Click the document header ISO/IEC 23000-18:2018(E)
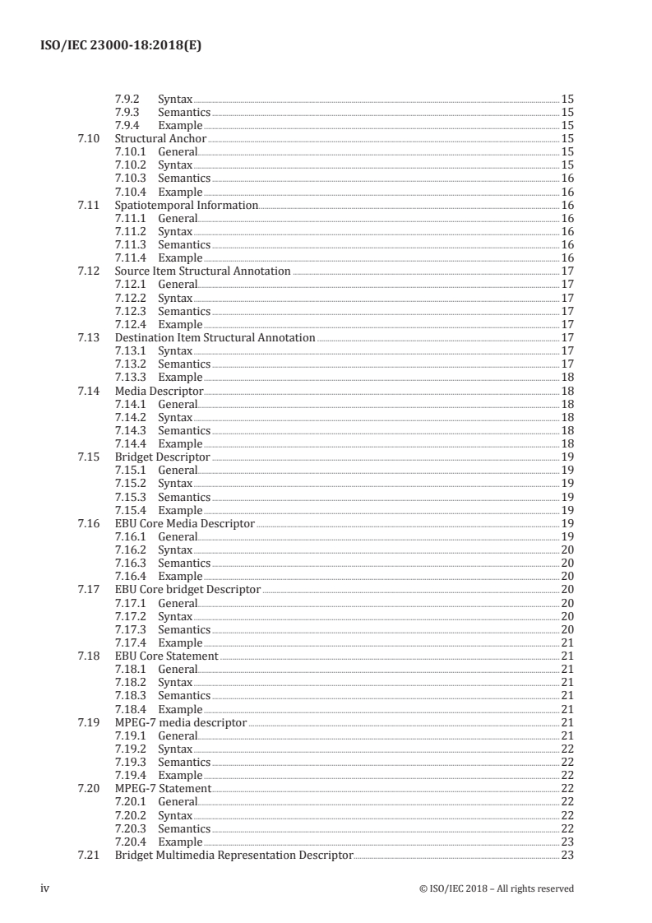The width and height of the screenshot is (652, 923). coord(120,46)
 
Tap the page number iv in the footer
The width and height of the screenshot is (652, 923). coord(46,888)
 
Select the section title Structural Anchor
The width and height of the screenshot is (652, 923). coord(160,139)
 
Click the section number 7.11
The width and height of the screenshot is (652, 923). coord(88,205)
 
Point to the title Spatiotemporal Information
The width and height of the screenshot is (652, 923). coord(186,205)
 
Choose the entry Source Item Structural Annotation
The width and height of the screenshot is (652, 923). coord(202,271)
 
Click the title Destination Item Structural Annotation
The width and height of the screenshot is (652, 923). coord(215,337)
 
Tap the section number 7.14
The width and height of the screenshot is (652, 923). coord(88,391)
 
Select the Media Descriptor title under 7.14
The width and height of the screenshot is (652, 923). coord(159,391)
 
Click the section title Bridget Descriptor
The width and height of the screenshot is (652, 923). coord(162,457)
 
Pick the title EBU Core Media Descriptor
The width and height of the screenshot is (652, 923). coord(184,523)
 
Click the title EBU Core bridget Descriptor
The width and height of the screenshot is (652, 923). coord(187,590)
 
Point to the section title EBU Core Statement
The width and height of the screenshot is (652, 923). coord(166,656)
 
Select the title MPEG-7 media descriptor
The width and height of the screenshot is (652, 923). coord(180,722)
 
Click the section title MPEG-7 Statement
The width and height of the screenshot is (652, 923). coord(163,789)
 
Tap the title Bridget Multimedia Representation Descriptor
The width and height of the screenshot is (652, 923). coord(234,856)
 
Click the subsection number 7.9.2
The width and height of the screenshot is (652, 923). coord(127,99)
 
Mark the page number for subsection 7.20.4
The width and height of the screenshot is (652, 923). coord(566,842)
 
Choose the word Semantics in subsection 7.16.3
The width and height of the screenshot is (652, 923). coord(184,564)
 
